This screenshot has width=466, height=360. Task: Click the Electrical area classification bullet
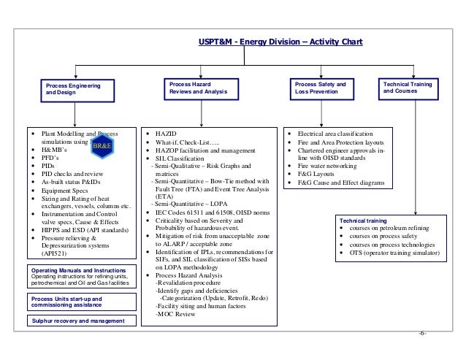[x=335, y=136]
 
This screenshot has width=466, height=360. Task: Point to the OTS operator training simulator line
[x=394, y=260]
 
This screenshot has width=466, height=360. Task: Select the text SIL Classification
[x=180, y=158]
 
